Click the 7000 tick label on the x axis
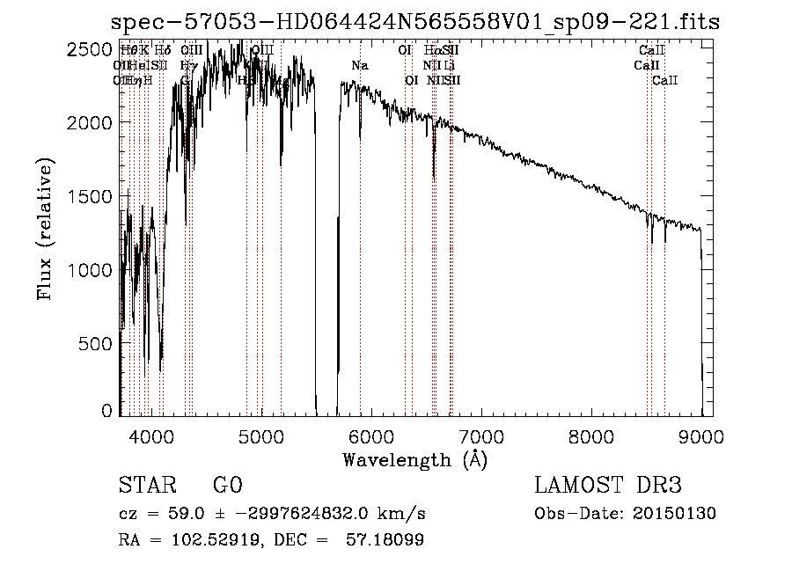(x=481, y=435)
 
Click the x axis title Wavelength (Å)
(x=414, y=458)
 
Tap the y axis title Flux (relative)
(x=46, y=229)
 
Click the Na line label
(x=359, y=66)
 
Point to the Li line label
(x=450, y=66)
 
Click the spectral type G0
(x=227, y=486)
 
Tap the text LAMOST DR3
(x=608, y=486)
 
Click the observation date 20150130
(x=679, y=514)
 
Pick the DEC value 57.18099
(x=387, y=540)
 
